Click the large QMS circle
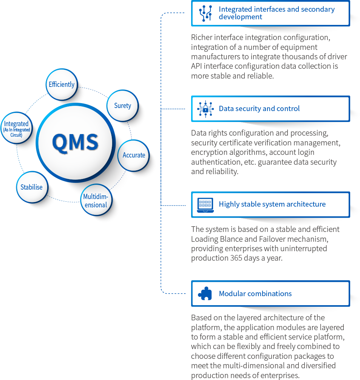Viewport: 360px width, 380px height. pos(76,142)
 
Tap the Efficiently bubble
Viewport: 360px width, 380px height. pos(62,84)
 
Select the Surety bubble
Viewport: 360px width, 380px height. pos(123,105)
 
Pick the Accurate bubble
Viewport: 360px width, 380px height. pos(134,155)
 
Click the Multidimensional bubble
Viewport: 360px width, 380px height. pos(96,201)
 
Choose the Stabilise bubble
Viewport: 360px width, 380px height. pos(32,187)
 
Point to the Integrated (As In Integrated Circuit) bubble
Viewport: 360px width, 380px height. pos(16,129)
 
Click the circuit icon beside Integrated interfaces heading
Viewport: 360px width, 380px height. pos(205,13)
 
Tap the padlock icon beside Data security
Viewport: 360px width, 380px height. pos(205,109)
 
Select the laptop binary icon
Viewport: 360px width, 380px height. pos(205,204)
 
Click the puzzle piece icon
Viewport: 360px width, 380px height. pos(205,293)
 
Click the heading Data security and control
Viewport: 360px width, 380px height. pos(259,109)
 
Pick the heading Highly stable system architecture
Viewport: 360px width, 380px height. pos(272,204)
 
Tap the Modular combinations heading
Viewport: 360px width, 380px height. pos(255,293)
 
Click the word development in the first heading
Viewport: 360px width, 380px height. pos(240,17)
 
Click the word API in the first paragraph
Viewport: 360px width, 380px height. pos(197,66)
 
